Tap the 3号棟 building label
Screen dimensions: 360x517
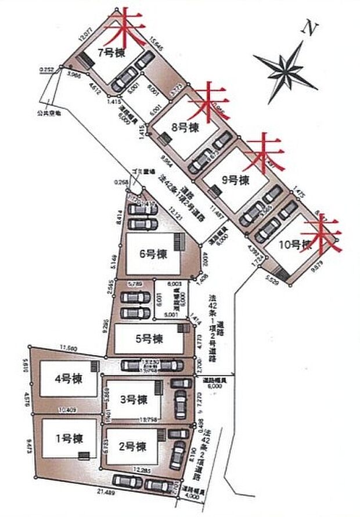[x=134, y=399]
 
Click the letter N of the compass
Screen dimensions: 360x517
[x=312, y=27]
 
